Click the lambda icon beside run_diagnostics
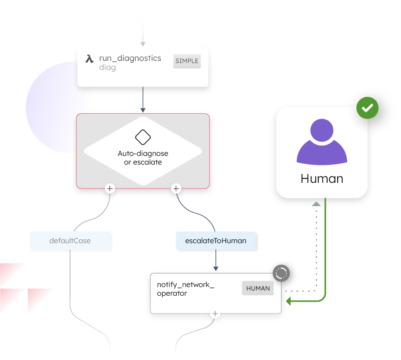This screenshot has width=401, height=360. click(x=89, y=59)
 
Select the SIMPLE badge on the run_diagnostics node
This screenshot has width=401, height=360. click(x=187, y=61)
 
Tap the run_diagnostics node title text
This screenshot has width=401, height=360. click(x=130, y=58)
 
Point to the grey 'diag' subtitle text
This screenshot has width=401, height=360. click(x=107, y=68)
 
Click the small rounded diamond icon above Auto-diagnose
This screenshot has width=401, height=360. click(x=143, y=138)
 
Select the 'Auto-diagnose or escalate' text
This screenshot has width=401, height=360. click(x=143, y=158)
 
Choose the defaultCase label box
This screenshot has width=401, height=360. click(x=70, y=241)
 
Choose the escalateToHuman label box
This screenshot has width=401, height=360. click(x=215, y=241)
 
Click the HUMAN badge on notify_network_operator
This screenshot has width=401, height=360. click(x=258, y=288)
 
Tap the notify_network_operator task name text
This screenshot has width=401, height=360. click(x=186, y=289)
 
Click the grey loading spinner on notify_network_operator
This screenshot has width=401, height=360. click(x=281, y=273)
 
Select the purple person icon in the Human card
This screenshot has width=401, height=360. click(x=322, y=142)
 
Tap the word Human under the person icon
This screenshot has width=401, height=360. click(x=322, y=178)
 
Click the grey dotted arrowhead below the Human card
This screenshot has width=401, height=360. click(x=316, y=204)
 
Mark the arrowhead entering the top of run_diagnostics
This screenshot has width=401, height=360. click(x=143, y=44)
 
